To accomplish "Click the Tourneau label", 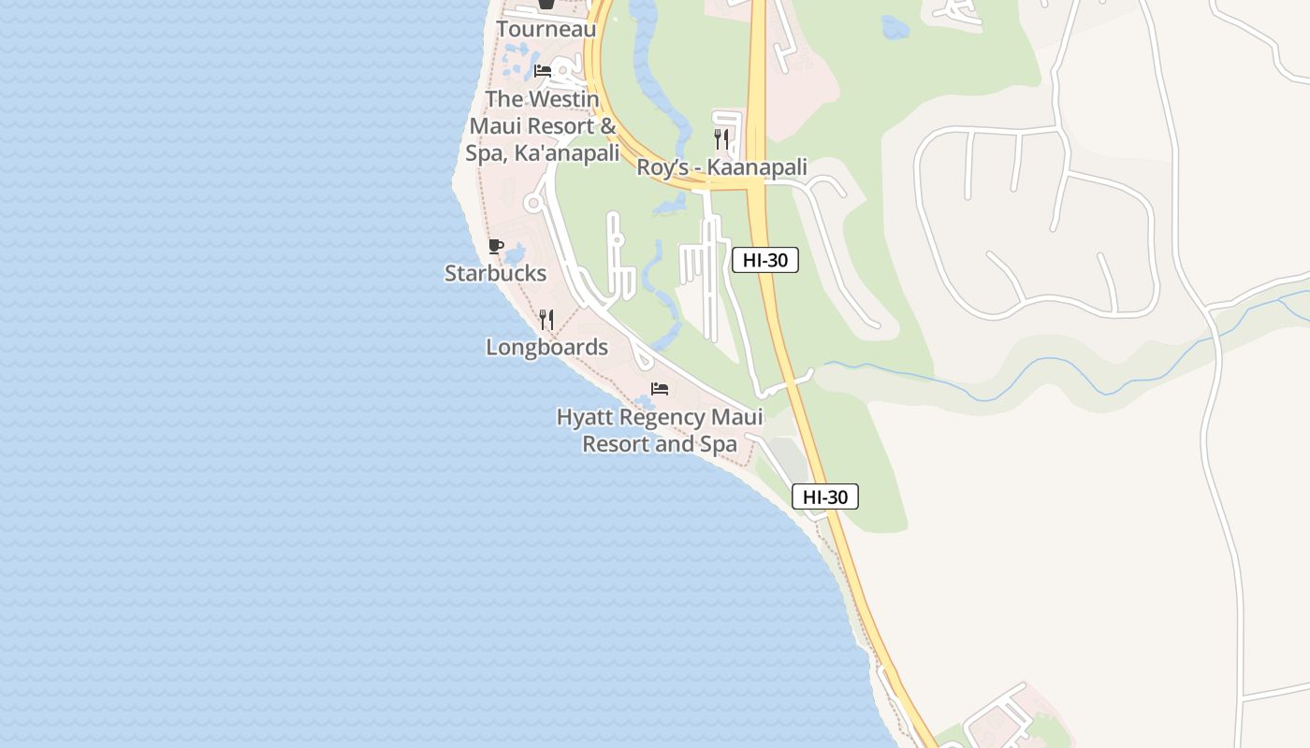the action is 546,29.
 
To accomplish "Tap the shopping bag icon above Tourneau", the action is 546,5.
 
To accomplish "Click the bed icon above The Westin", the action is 543,70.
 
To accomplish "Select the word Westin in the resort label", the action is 564,99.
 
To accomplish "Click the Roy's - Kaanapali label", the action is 721,167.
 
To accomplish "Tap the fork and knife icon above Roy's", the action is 721,140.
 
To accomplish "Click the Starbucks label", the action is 495,273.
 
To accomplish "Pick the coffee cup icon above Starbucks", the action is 496,247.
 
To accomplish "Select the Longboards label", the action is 546,347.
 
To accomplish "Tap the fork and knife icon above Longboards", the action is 546,320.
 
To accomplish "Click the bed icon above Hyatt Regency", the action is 660,389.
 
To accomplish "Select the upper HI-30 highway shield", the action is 764,261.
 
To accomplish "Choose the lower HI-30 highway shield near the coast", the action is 824,497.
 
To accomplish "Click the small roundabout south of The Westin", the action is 534,202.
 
